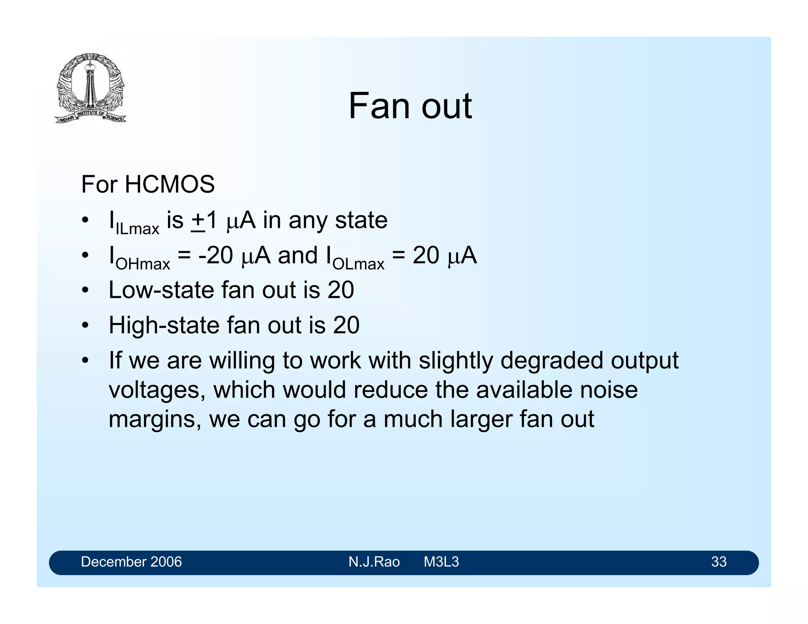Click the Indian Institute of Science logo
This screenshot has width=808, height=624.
tap(90, 88)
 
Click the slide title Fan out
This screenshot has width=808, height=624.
tap(410, 106)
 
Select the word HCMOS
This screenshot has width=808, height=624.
tap(170, 184)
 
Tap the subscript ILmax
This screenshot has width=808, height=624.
tap(137, 229)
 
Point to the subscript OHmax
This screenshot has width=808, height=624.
tap(143, 264)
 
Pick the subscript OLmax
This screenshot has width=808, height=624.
tap(358, 264)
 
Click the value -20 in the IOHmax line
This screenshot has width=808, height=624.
tap(216, 255)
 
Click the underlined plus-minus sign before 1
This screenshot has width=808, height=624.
tap(198, 221)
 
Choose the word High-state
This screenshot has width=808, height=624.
tap(164, 325)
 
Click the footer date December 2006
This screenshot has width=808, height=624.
tap(131, 562)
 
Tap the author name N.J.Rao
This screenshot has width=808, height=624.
tap(374, 562)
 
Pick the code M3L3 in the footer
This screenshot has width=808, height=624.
tap(441, 562)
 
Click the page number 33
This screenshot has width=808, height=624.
tap(718, 562)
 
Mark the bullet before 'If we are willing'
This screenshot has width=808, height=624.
tap(85, 361)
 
